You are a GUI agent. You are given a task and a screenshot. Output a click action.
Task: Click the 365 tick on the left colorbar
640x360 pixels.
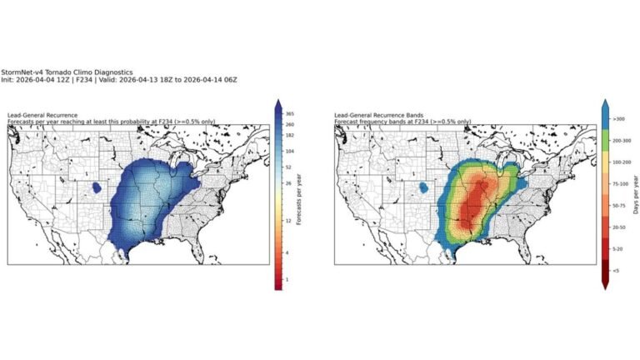287,112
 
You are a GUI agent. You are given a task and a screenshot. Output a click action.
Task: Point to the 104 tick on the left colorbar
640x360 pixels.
287,151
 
